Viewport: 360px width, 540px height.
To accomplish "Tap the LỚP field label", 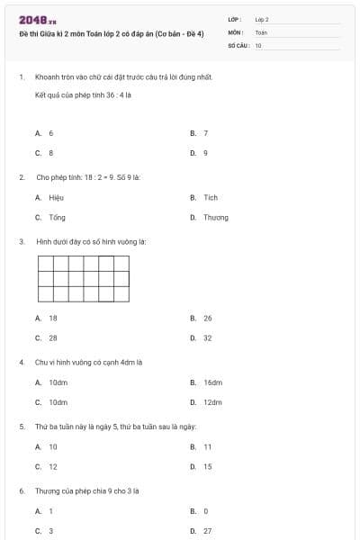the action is pos(235,19).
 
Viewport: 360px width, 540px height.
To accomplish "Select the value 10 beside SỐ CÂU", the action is pos(258,45).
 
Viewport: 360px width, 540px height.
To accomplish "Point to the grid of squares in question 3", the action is pos(82,278).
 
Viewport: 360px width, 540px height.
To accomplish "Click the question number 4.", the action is pos(21,362).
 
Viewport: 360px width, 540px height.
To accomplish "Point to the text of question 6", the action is pos(87,490).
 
